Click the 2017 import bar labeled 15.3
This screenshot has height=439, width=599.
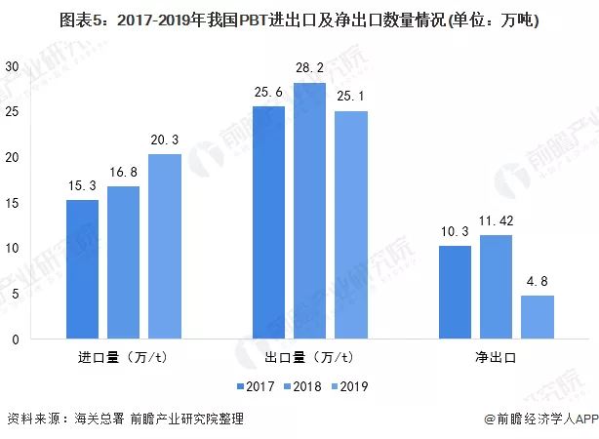[83, 269]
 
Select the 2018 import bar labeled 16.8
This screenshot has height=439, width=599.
[124, 262]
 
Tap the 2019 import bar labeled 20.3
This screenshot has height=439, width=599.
[165, 247]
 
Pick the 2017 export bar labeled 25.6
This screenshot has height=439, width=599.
[269, 222]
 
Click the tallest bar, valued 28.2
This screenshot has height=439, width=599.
[309, 211]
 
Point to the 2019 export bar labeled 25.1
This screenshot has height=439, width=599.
[350, 225]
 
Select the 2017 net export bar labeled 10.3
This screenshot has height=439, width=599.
[455, 292]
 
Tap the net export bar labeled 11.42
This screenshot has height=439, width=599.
[496, 287]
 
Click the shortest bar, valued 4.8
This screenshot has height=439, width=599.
[537, 317]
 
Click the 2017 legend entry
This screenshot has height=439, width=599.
[256, 386]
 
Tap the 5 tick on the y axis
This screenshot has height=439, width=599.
[15, 294]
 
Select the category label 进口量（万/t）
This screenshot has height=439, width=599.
[123, 357]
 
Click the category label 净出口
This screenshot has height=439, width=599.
[496, 357]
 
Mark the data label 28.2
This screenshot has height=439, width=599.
[309, 68]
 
